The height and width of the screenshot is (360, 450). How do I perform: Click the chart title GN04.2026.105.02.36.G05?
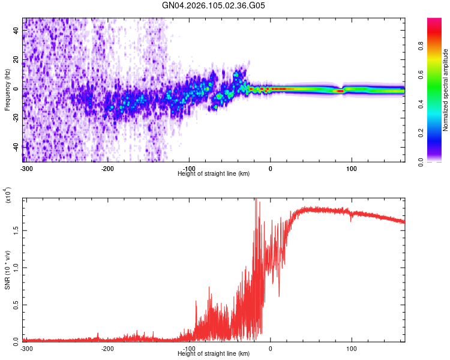[214, 5]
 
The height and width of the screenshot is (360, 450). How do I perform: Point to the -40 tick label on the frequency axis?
[16, 146]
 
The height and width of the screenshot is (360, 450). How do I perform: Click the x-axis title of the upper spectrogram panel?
[214, 173]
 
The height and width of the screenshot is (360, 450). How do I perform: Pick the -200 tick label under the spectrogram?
[107, 167]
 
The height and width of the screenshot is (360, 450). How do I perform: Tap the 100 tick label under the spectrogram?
[352, 167]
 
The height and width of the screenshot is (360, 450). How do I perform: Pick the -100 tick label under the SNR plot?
[189, 348]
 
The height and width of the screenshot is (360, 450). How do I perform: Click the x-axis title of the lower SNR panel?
[214, 354]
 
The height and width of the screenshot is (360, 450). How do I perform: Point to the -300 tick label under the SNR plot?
[26, 348]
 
